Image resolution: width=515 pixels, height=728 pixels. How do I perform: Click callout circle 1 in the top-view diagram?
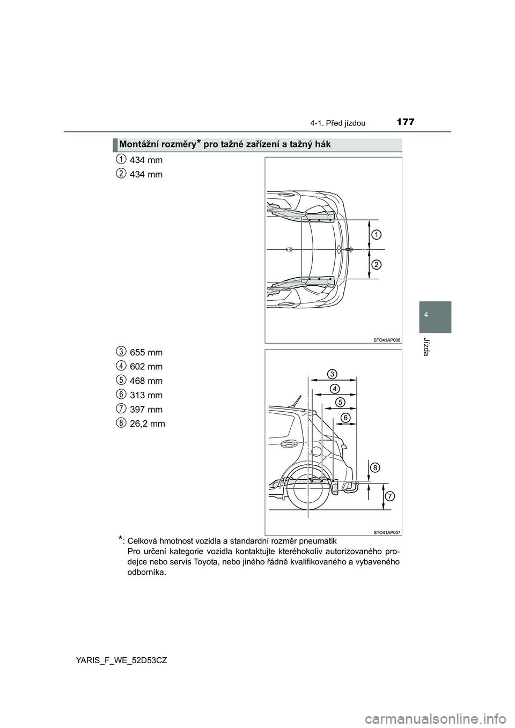(377, 235)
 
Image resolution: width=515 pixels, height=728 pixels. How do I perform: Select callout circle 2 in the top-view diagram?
(377, 264)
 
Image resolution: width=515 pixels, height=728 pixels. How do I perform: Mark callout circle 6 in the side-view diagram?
(346, 417)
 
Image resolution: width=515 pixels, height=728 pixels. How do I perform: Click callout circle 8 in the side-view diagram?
(375, 467)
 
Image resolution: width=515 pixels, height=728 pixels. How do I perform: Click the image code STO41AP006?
(386, 339)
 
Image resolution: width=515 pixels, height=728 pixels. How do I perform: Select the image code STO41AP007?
(386, 532)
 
